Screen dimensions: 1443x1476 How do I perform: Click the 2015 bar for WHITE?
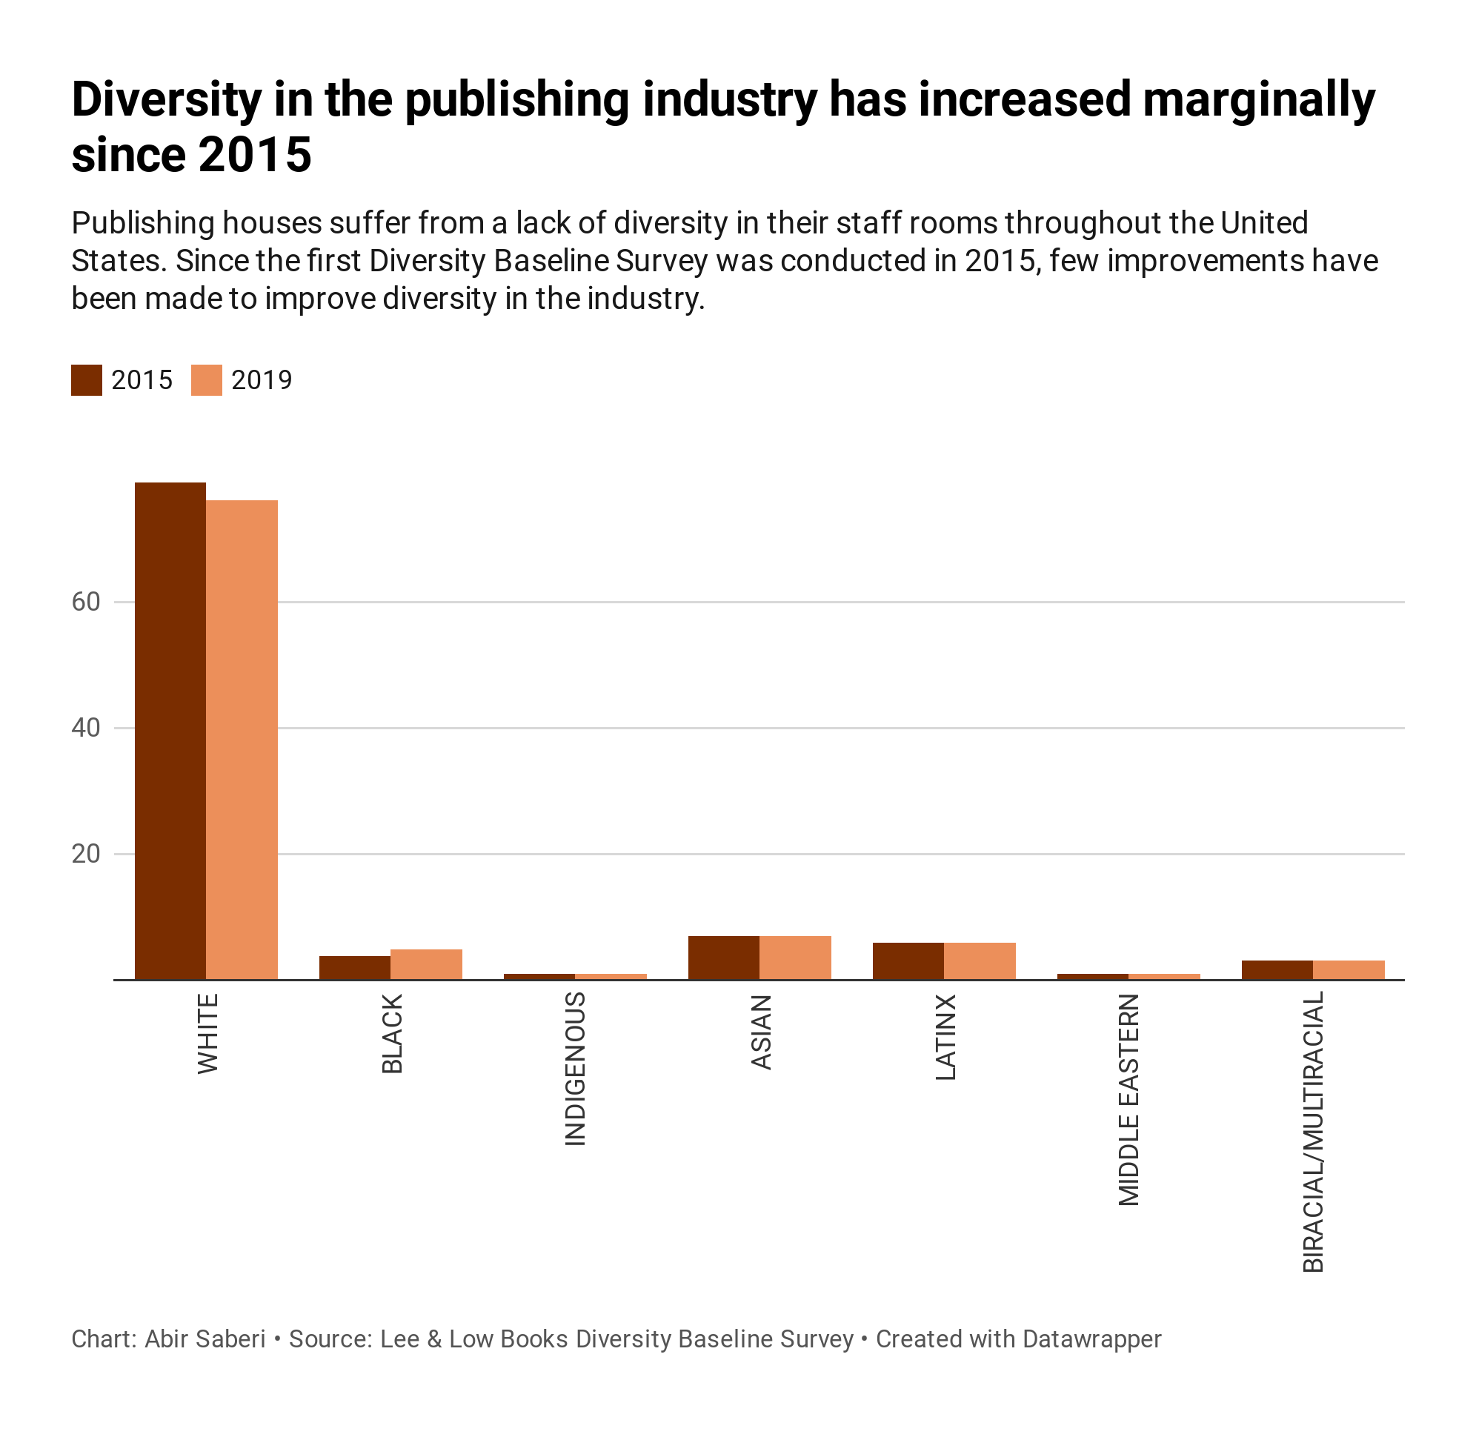(x=170, y=731)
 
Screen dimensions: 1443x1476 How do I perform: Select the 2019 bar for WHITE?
(x=242, y=740)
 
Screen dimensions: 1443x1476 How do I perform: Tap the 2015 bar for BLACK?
(x=355, y=968)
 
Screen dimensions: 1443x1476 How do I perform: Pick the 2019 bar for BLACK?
(x=426, y=964)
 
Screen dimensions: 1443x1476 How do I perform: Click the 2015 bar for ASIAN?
(x=724, y=958)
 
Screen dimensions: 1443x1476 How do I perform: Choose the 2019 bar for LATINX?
(x=980, y=961)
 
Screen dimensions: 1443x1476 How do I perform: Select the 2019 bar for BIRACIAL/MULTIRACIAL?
(x=1349, y=970)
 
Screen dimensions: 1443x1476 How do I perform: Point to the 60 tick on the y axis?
(x=86, y=602)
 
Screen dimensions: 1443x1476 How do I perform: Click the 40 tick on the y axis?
(x=86, y=728)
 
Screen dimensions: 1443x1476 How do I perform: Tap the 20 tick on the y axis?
(x=86, y=854)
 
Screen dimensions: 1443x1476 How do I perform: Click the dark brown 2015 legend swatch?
(x=87, y=380)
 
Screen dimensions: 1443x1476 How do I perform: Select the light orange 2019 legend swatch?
(x=206, y=380)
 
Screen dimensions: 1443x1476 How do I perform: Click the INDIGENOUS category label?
(x=575, y=1069)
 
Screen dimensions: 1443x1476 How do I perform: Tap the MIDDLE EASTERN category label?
(x=1128, y=1100)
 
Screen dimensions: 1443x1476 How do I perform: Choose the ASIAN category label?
(x=762, y=1032)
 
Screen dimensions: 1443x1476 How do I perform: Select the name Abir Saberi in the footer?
(x=205, y=1339)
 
